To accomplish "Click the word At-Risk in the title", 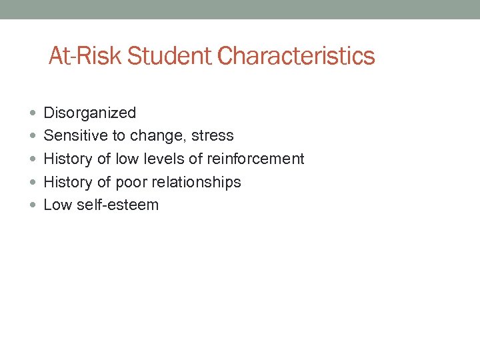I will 85,56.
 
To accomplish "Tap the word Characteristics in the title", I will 296,56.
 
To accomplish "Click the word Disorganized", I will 89,113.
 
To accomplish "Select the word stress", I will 212,136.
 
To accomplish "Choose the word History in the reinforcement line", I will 68,159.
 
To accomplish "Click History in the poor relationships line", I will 68,182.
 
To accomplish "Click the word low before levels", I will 127,159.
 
